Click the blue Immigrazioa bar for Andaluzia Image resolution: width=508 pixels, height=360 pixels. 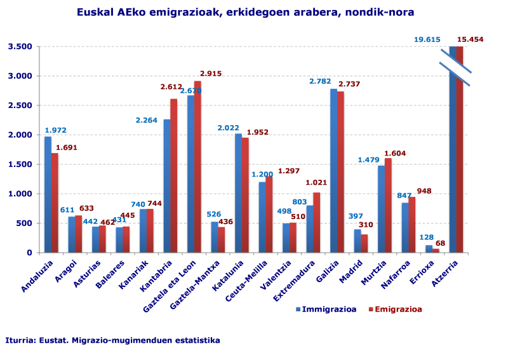[x=48, y=194]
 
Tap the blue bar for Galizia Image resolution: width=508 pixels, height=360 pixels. [x=333, y=171]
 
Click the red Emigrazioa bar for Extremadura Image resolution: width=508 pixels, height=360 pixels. [x=317, y=222]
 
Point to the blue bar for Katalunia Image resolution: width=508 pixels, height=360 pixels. [x=238, y=193]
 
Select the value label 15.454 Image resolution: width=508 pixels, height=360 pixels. [x=470, y=39]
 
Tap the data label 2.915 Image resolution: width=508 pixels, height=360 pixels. [x=211, y=74]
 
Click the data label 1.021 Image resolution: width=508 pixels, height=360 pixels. [x=316, y=183]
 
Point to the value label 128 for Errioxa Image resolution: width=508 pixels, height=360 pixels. [x=426, y=237]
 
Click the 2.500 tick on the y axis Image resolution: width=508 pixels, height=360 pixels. [x=20, y=105]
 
